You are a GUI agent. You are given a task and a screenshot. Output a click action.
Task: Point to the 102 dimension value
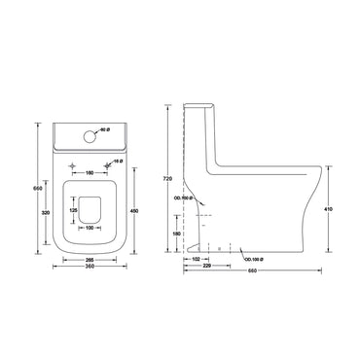tap(196, 258)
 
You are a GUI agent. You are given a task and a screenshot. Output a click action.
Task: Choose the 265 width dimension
tap(89, 261)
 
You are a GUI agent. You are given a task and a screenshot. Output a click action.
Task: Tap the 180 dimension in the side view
tap(176, 234)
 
